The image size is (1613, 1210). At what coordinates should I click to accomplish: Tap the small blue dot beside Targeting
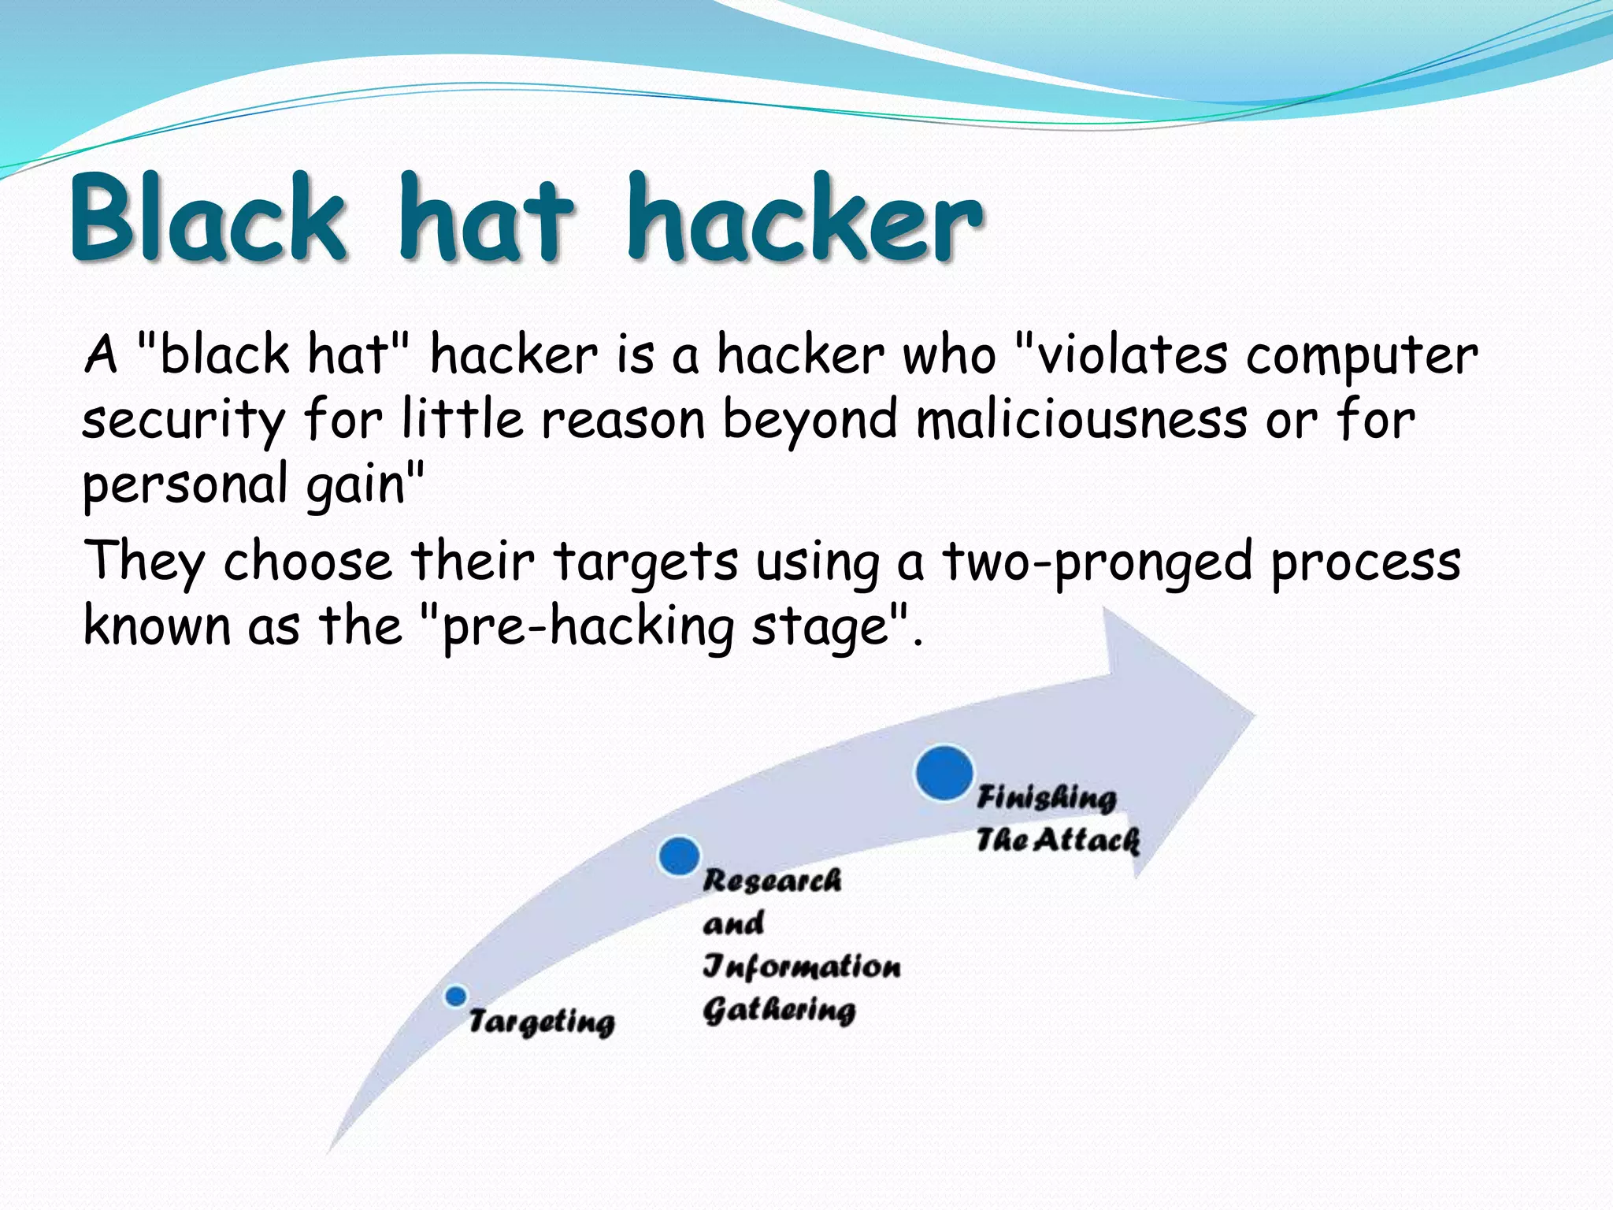(x=455, y=996)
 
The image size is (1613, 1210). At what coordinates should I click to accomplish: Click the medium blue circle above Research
(x=679, y=856)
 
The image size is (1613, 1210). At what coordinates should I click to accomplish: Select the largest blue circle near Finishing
(x=944, y=773)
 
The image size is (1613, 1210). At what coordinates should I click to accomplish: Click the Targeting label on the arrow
(x=541, y=1022)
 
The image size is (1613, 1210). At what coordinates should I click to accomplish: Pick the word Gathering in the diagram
(x=778, y=1010)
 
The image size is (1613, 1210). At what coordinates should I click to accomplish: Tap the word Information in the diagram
(x=801, y=966)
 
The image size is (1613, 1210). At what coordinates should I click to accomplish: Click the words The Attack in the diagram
(x=1058, y=840)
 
